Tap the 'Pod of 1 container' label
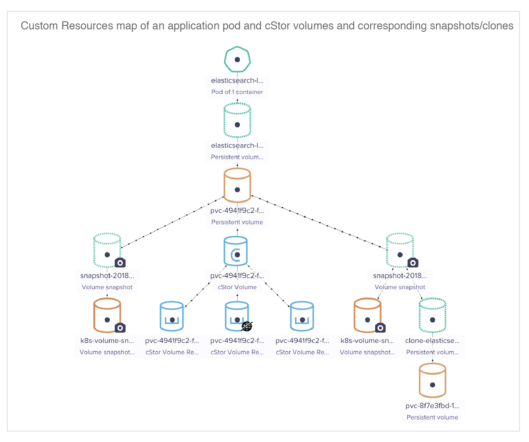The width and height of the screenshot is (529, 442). click(x=237, y=92)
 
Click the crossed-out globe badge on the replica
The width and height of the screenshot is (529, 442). click(x=247, y=326)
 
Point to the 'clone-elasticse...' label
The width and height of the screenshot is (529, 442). click(x=432, y=341)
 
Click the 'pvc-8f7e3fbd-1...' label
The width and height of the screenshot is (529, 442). click(x=432, y=406)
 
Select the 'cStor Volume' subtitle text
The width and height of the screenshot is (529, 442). click(x=237, y=287)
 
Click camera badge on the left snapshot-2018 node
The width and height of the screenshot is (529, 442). click(x=120, y=263)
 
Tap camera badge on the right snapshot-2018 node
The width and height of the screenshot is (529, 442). click(x=413, y=263)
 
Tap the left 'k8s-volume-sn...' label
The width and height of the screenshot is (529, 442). click(x=107, y=341)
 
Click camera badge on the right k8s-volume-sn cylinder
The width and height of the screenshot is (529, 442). click(x=380, y=328)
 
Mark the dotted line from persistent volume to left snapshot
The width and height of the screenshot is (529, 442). click(x=172, y=222)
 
